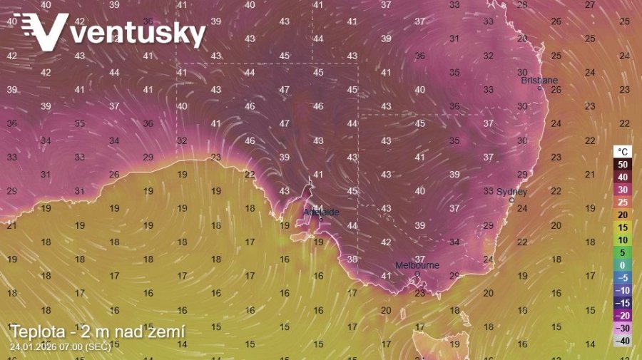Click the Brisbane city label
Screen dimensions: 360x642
pyautogui.click(x=539, y=81)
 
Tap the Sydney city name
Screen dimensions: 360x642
pyautogui.click(x=511, y=192)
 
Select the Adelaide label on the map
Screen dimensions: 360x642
pyautogui.click(x=322, y=212)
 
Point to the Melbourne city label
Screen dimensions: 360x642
pyautogui.click(x=417, y=265)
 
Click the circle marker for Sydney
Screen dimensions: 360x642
pyautogui.click(x=511, y=201)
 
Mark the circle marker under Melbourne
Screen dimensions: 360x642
pyautogui.click(x=417, y=274)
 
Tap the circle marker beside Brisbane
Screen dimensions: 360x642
pyautogui.click(x=540, y=88)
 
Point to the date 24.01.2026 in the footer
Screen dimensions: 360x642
pyautogui.click(x=36, y=346)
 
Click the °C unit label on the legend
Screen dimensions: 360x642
pyautogui.click(x=623, y=152)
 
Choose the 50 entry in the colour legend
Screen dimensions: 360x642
pyautogui.click(x=623, y=164)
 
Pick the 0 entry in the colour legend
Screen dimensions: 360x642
pyautogui.click(x=623, y=264)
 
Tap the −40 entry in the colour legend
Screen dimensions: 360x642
pyautogui.click(x=623, y=341)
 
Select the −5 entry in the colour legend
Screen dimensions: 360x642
pyautogui.click(x=623, y=277)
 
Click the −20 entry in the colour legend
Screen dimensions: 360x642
pyautogui.click(x=623, y=315)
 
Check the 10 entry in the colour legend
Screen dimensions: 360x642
pyautogui.click(x=623, y=240)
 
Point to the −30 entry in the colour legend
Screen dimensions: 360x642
pyautogui.click(x=623, y=328)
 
